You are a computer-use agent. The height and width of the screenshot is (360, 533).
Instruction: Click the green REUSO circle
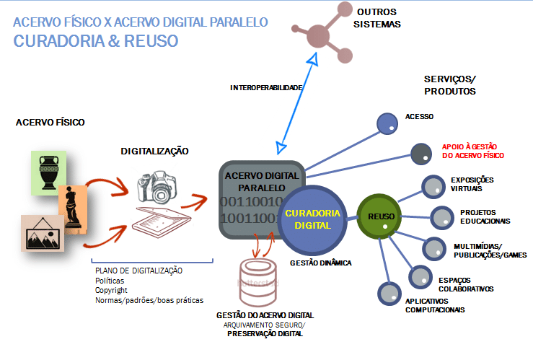coord(380,216)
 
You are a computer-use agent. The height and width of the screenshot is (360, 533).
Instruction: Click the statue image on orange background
coord(73,206)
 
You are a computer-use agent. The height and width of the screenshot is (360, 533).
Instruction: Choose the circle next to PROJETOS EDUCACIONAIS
coord(442,216)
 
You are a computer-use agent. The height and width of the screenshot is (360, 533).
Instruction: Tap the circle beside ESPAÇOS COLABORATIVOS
coord(421,277)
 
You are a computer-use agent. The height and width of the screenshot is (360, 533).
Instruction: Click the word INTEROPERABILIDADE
coord(266,87)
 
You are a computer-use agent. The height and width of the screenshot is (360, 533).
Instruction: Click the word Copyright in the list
coord(111,290)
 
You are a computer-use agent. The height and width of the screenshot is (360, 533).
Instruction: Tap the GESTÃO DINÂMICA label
coord(320,263)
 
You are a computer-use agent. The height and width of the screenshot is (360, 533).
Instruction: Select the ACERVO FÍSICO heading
coord(50,123)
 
